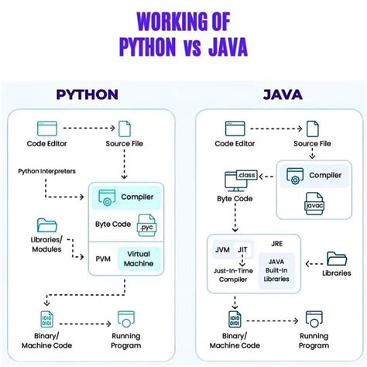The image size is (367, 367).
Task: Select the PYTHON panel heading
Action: pos(87,95)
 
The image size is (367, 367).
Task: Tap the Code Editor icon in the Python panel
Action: pos(48,129)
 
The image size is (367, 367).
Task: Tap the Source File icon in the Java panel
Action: pos(313,128)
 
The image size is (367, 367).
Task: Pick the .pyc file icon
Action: pos(145,228)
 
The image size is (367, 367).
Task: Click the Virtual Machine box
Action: pos(140,258)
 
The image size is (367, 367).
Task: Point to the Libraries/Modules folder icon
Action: pos(48,225)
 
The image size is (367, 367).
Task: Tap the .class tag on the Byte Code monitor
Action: pos(247,176)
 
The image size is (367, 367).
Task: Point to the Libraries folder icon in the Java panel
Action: pos(338,259)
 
